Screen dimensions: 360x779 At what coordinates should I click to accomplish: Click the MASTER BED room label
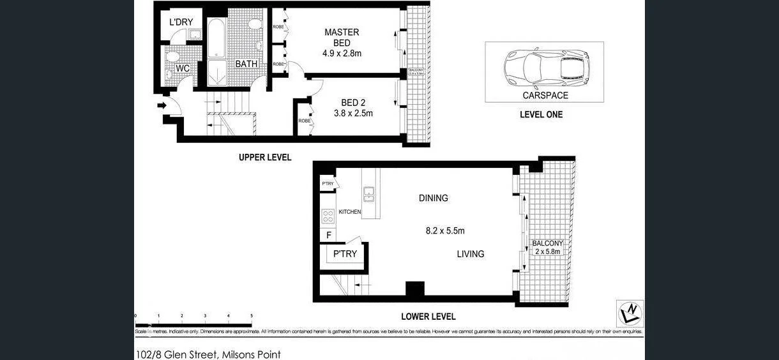342,38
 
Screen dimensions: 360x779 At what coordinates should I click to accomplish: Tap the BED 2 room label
353,103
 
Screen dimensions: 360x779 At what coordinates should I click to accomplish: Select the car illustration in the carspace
547,67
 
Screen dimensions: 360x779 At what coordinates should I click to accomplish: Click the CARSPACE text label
545,96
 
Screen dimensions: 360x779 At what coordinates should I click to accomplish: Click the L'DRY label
181,22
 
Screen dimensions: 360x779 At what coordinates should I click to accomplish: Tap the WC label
182,68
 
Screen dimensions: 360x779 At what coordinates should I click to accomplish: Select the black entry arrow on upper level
162,105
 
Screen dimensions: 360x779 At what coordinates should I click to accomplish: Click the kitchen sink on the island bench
369,193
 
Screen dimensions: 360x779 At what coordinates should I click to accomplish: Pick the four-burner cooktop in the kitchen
328,216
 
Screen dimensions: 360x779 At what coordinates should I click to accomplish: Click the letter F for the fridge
328,235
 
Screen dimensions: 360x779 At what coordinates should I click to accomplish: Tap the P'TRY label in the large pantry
345,254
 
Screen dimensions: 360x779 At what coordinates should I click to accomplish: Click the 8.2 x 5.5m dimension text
445,231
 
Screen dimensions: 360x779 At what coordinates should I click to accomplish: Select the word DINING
433,198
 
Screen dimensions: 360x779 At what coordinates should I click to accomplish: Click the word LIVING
470,254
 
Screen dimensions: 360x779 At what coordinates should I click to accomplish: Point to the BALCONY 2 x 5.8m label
547,248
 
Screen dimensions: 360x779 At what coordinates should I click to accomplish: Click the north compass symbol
630,313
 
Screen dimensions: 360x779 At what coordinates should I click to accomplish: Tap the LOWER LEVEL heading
428,317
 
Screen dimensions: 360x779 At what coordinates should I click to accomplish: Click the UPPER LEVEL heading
265,157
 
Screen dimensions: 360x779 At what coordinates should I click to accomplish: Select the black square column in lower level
415,289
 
